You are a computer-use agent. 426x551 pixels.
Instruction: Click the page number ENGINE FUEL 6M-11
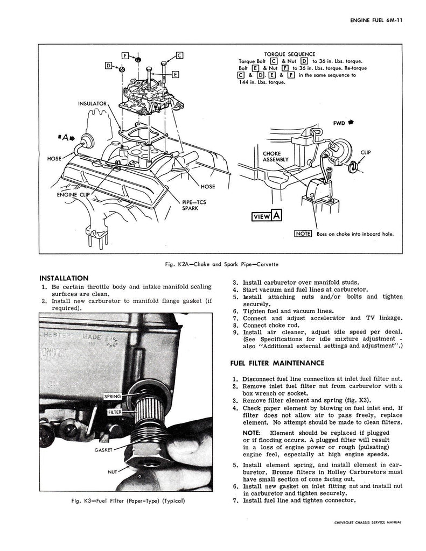376,20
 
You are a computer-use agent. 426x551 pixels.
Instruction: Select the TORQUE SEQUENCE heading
290,54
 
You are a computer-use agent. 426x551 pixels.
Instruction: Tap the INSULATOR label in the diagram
92,104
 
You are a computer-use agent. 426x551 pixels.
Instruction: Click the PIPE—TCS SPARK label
194,205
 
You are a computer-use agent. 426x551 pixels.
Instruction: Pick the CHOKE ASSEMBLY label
275,157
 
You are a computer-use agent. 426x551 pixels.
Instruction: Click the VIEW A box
267,216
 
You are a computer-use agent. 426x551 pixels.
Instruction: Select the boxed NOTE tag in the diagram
303,234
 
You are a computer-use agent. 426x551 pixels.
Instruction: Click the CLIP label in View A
366,152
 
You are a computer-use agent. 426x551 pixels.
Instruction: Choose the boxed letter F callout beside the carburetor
125,55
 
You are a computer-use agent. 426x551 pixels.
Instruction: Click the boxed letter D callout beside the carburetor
109,66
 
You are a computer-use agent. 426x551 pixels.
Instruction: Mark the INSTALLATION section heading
64,278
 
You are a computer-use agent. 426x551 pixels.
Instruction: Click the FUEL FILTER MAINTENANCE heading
277,363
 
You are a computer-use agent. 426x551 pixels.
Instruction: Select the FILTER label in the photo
115,412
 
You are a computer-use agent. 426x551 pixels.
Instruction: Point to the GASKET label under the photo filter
103,450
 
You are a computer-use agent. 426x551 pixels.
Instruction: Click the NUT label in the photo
112,472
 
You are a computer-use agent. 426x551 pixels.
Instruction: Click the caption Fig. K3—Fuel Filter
128,501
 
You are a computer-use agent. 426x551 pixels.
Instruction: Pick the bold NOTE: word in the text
251,433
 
